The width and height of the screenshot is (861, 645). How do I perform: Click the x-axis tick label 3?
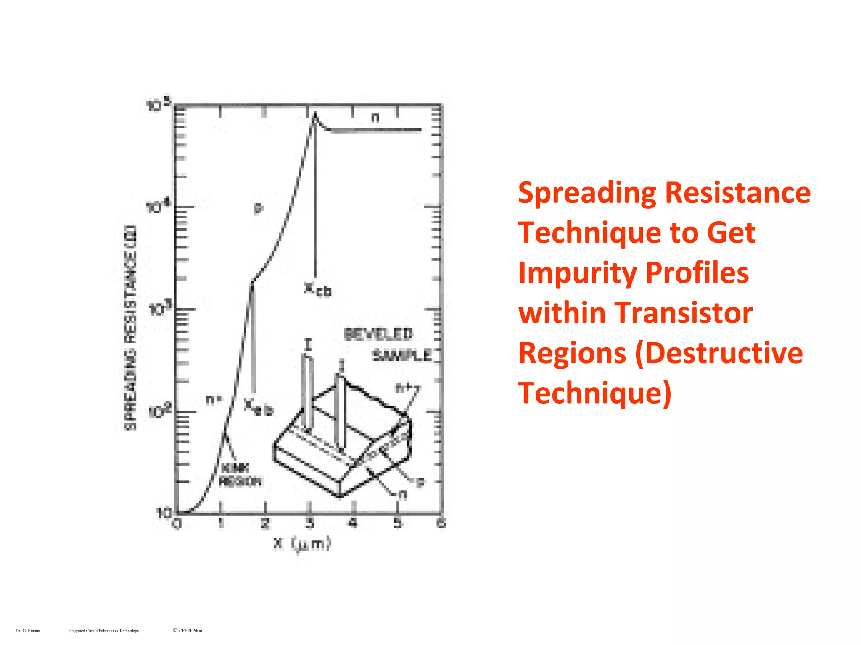309,523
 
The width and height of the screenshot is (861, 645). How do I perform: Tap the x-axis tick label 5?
398,523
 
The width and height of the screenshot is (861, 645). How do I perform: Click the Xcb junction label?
318,289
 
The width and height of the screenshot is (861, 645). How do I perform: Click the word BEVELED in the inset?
378,334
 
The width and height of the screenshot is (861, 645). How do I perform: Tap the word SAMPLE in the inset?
402,356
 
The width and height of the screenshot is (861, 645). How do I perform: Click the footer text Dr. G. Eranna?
28,631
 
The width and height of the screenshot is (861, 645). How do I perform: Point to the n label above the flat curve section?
375,118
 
